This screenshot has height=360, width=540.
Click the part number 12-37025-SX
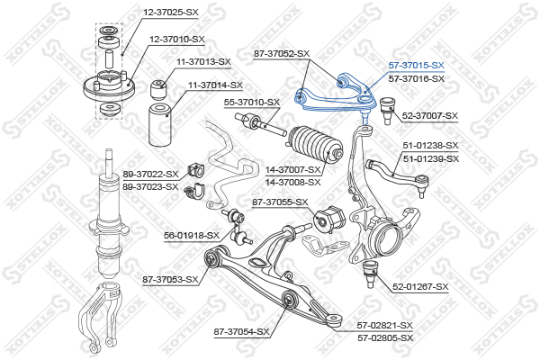(171, 12)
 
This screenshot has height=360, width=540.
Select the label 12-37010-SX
(177, 40)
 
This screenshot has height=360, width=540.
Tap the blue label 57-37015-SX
(417, 65)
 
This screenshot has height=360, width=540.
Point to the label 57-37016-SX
(417, 79)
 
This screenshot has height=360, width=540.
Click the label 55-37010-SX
(252, 103)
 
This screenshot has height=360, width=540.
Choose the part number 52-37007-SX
(430, 116)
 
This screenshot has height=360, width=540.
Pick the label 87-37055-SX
(280, 202)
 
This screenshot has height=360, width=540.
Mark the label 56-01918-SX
(192, 236)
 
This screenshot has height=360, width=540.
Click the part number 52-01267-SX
(420, 286)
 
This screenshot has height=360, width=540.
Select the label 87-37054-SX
(241, 332)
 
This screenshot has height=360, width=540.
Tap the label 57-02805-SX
(385, 338)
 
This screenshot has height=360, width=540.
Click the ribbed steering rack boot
(314, 144)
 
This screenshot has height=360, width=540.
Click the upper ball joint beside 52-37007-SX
(387, 111)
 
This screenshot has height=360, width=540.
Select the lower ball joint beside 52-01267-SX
(370, 274)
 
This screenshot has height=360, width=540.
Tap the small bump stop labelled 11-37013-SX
(158, 90)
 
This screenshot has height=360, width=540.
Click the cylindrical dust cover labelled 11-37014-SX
(160, 125)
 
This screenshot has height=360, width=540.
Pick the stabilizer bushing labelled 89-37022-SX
(194, 171)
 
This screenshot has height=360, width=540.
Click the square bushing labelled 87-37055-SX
(329, 220)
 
